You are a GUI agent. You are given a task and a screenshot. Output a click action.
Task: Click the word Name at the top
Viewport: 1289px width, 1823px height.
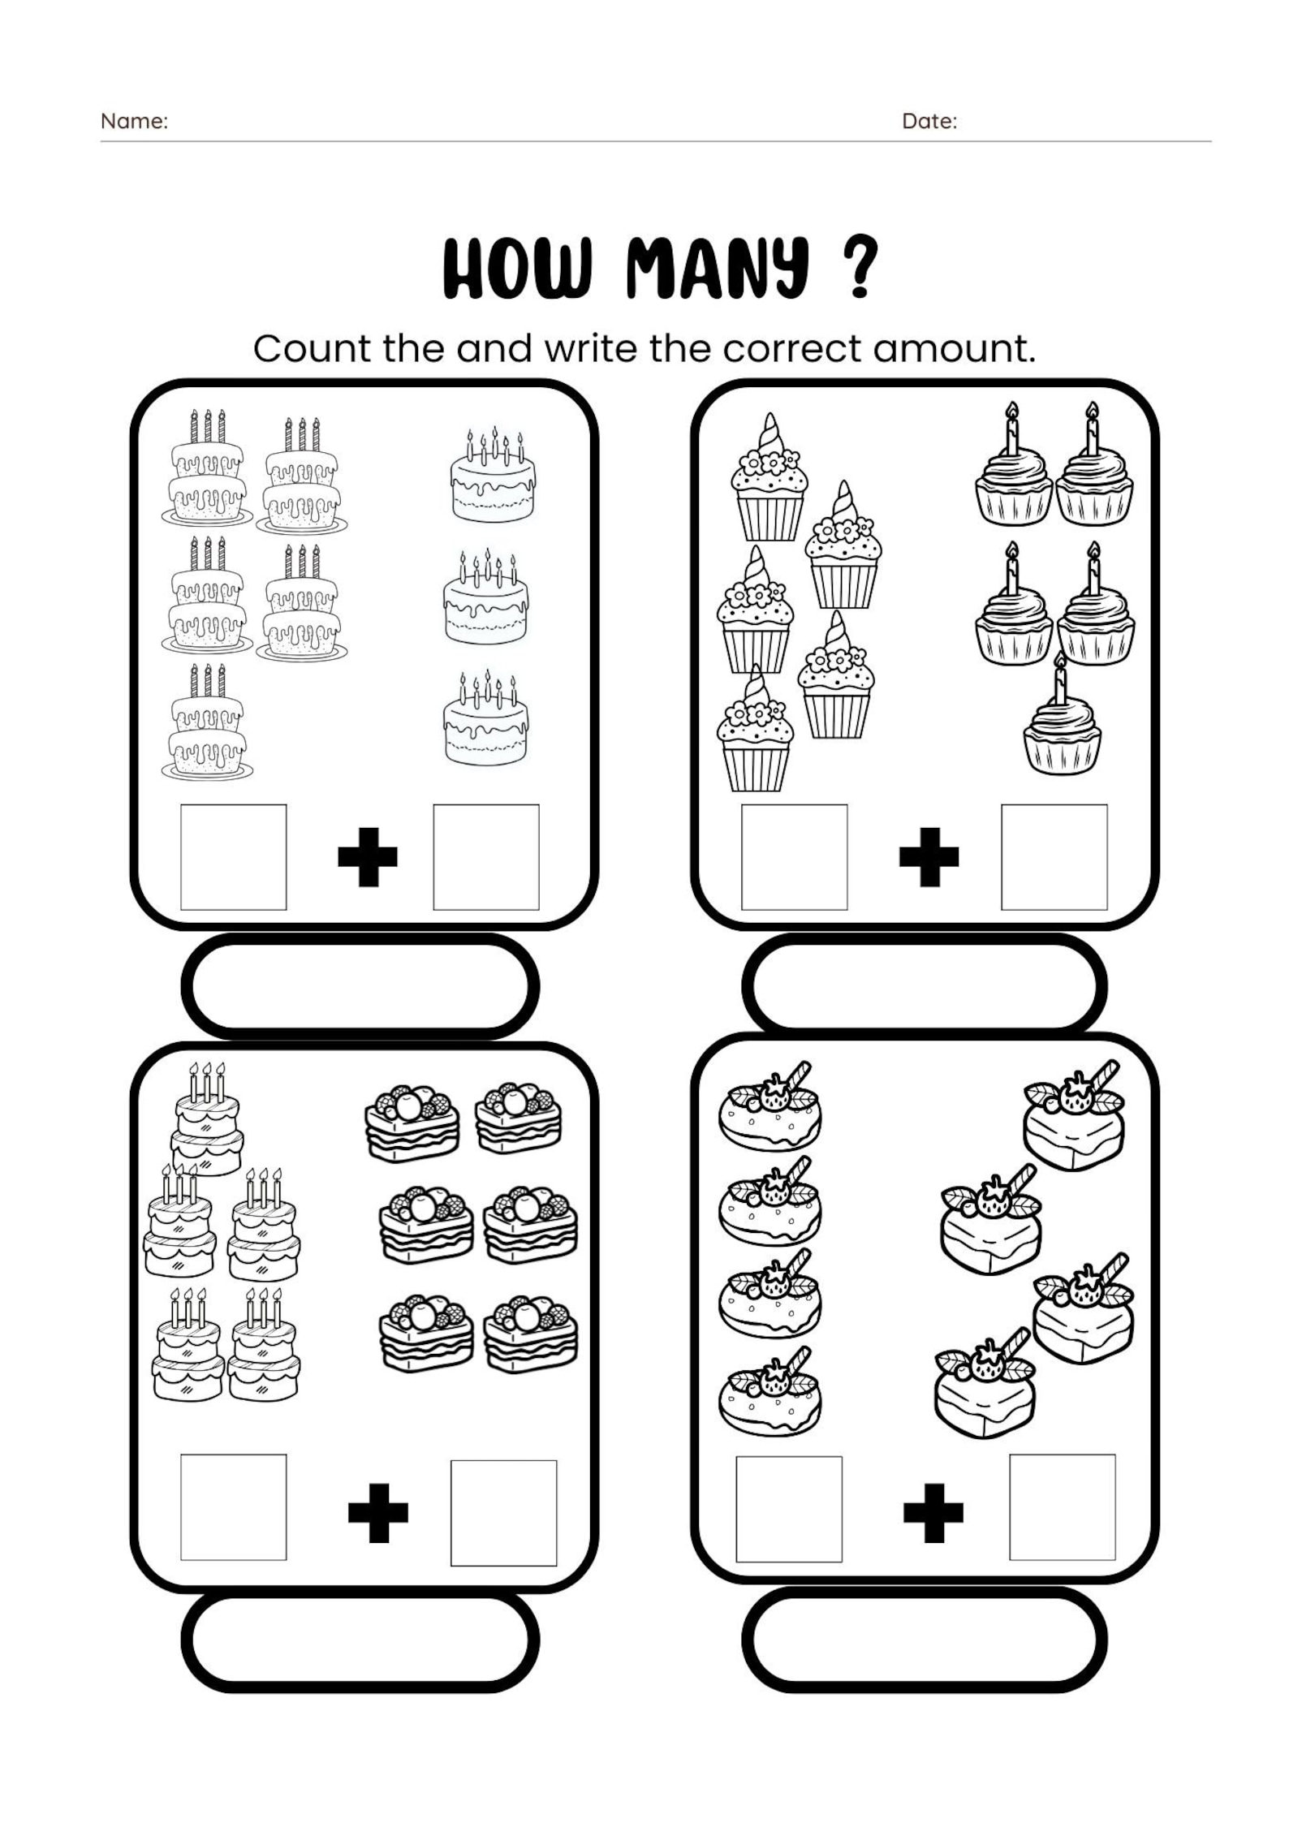click(133, 122)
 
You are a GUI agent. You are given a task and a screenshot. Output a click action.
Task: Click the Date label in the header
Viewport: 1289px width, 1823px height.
click(929, 122)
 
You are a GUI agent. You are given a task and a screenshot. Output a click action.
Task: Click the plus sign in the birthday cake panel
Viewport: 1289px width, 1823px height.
click(367, 857)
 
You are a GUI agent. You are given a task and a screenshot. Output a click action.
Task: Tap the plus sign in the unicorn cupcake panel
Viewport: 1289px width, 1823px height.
click(929, 857)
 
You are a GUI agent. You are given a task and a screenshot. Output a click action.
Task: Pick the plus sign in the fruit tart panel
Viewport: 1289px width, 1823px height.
click(377, 1513)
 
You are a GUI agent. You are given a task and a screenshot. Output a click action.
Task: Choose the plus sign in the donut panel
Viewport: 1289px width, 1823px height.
click(933, 1513)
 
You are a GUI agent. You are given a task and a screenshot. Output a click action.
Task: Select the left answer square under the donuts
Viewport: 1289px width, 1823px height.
click(788, 1509)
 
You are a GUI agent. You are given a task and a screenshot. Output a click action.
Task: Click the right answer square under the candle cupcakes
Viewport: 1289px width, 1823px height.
click(1054, 857)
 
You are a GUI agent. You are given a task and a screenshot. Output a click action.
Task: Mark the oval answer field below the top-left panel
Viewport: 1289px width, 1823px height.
click(360, 987)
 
